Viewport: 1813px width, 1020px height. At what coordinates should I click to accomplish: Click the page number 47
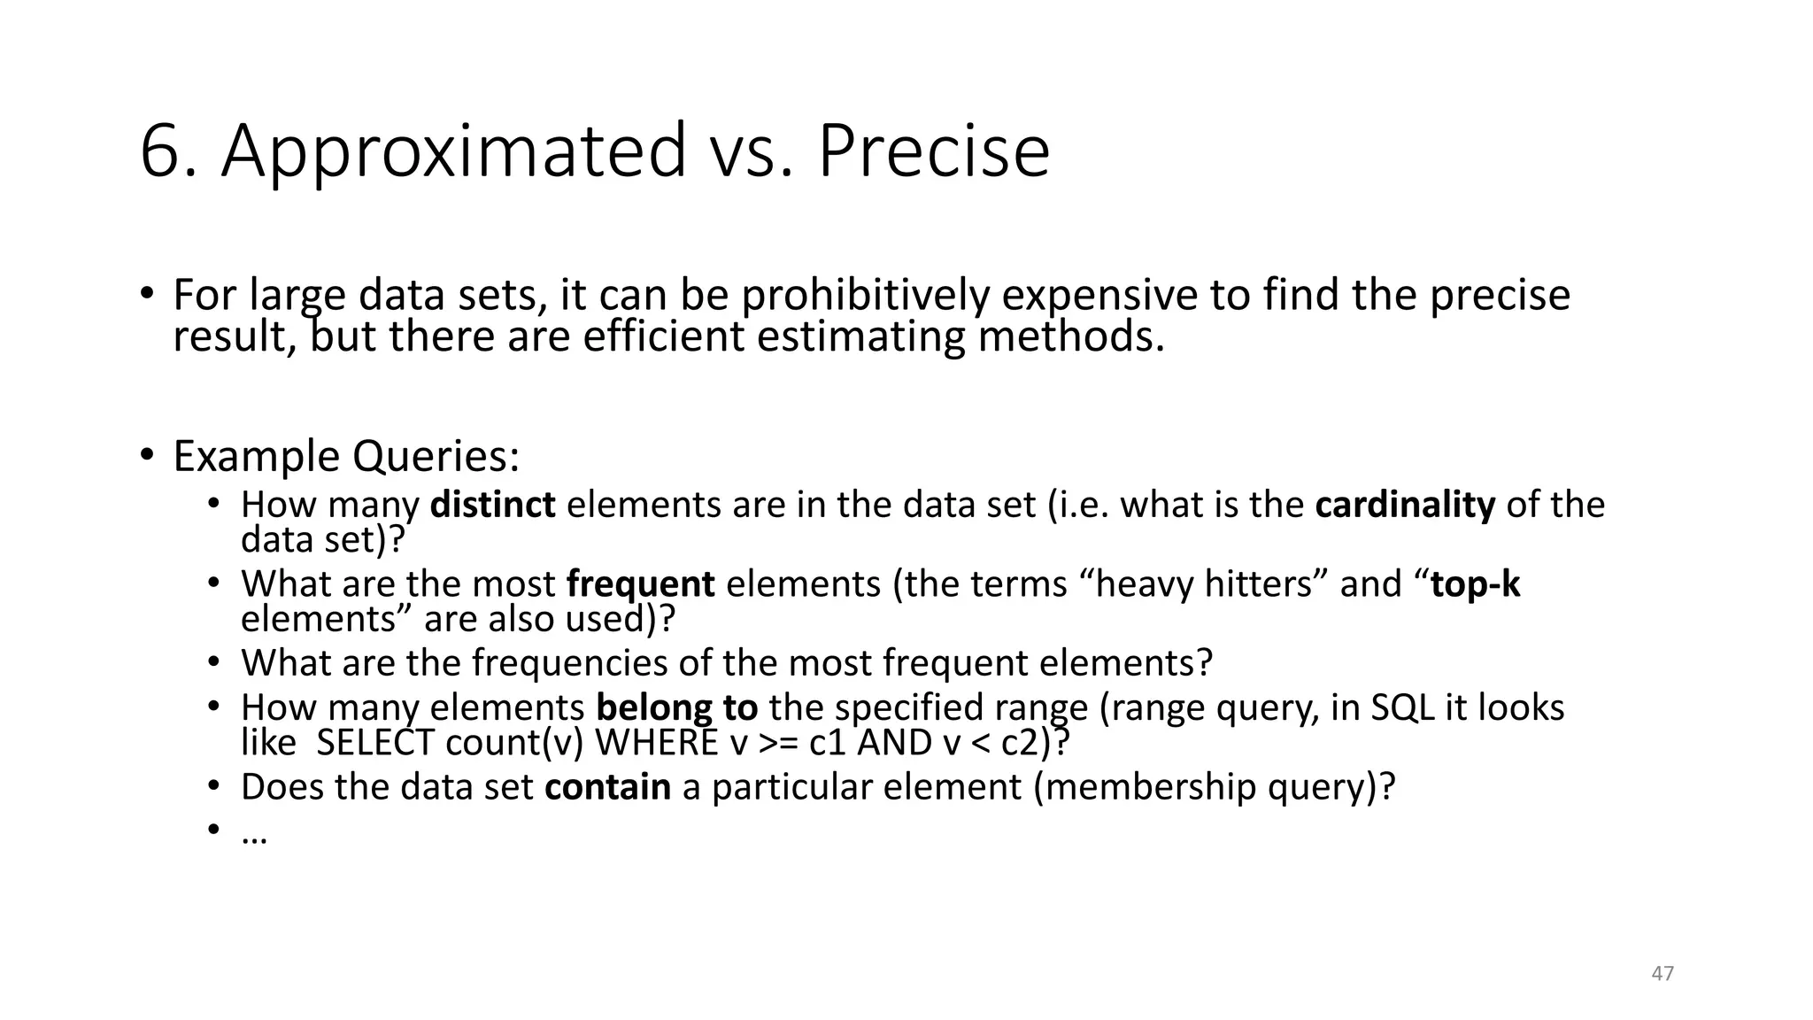[1663, 973]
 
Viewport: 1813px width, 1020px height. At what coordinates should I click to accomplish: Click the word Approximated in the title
[453, 151]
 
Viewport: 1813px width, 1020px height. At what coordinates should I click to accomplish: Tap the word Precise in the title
[933, 151]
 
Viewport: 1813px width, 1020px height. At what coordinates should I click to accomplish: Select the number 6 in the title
[160, 151]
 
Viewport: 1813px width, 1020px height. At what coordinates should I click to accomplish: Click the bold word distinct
[492, 505]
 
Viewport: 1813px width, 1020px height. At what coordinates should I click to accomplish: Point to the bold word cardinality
[1405, 505]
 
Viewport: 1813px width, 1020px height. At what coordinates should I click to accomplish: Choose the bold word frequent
[640, 584]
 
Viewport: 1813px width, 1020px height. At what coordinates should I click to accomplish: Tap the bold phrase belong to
[677, 707]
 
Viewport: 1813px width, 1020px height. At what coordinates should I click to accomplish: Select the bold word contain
[607, 786]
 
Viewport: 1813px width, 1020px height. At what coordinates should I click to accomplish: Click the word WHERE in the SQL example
[656, 742]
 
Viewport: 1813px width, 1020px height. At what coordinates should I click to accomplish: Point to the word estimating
[862, 336]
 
